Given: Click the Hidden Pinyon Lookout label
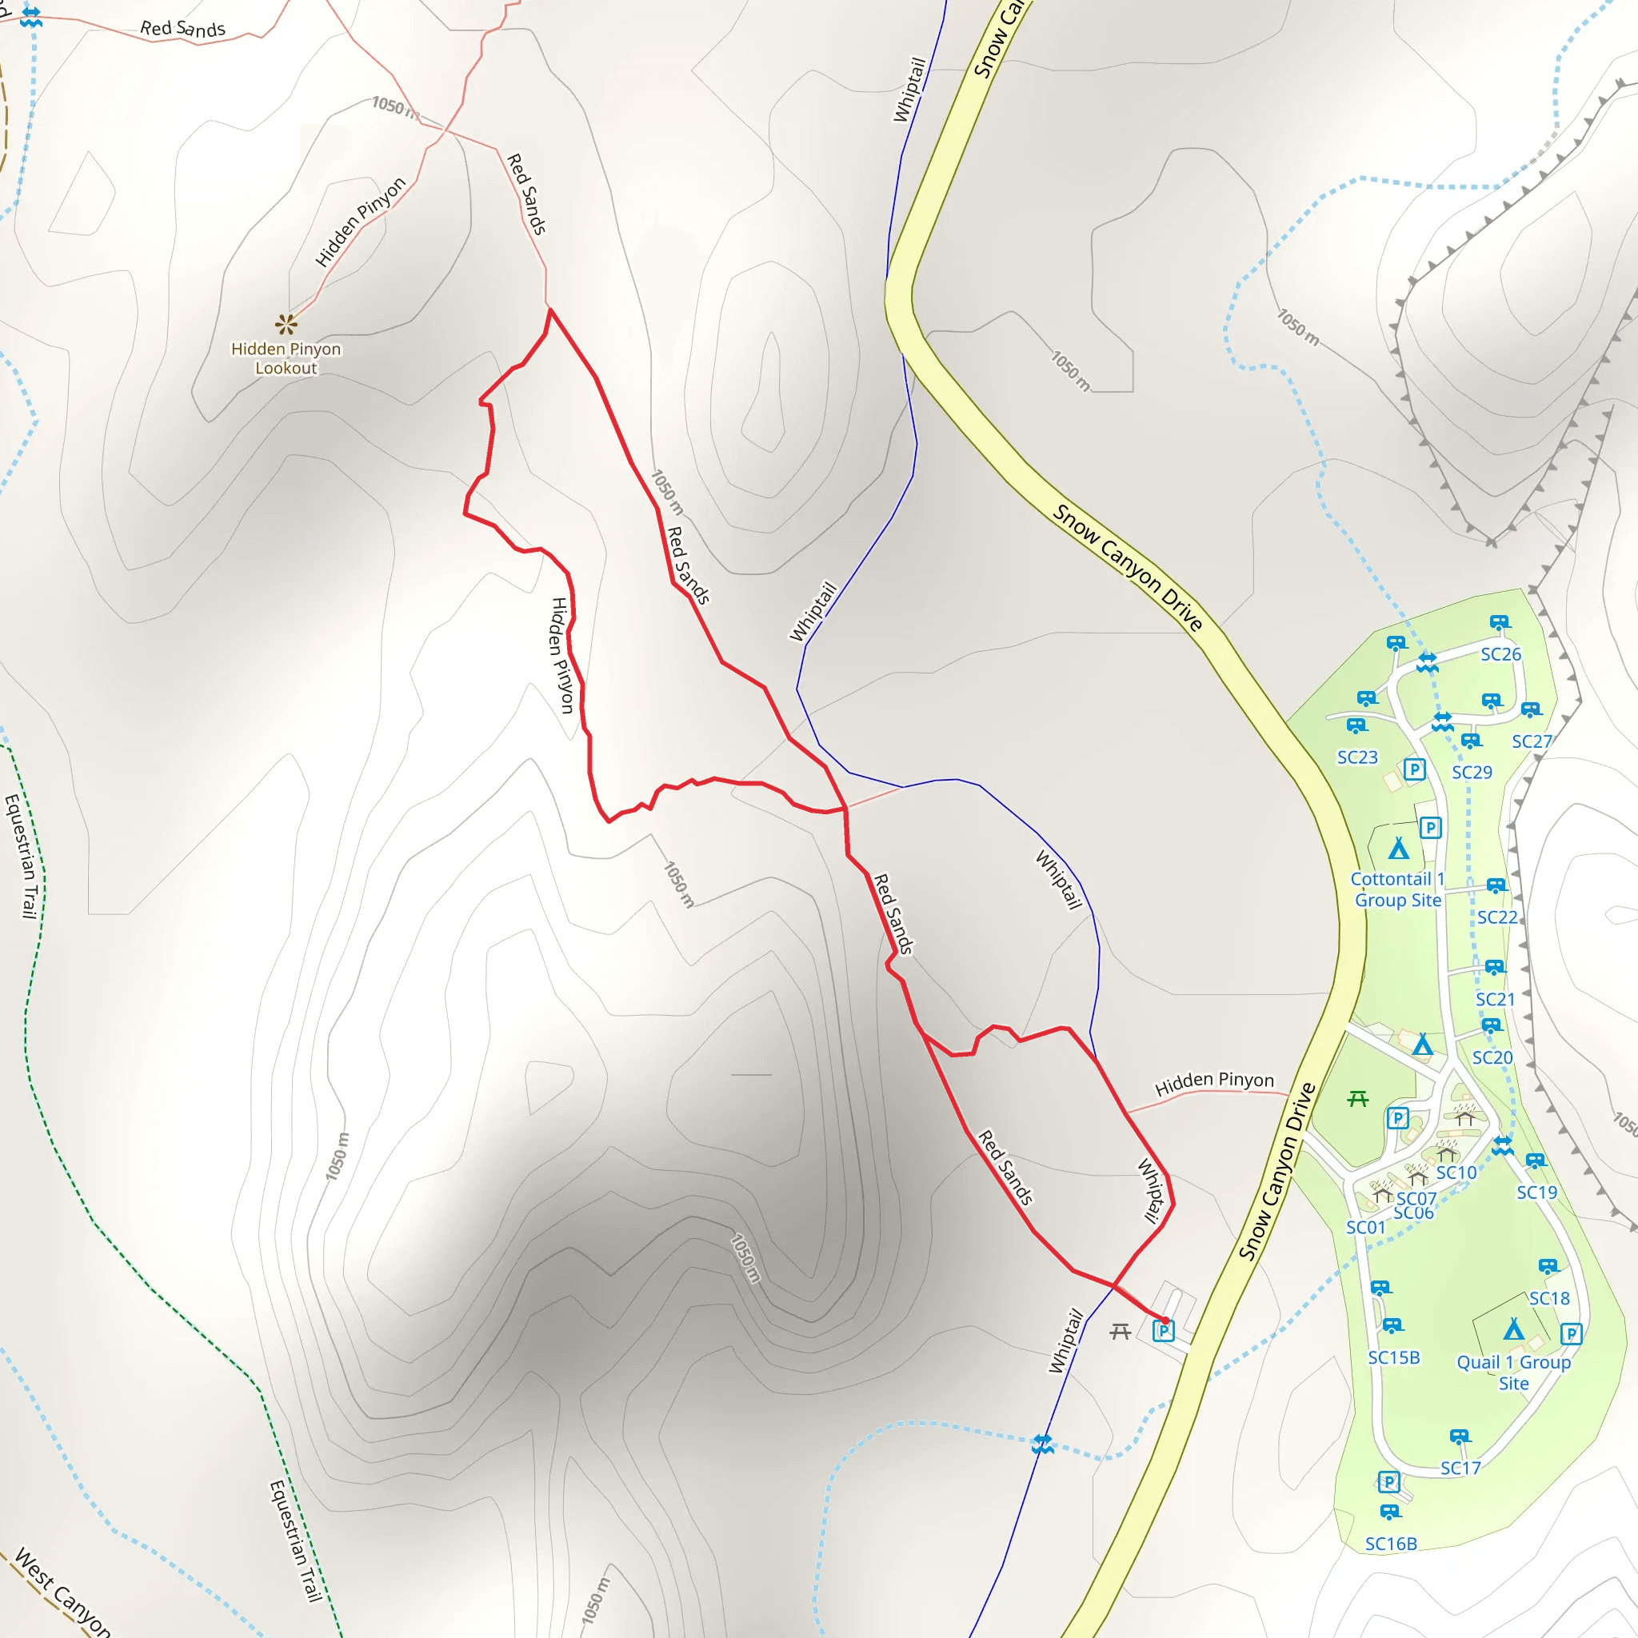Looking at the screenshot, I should point(286,358).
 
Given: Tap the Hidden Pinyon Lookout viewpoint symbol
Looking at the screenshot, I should point(286,324).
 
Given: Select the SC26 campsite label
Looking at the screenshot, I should point(1500,654).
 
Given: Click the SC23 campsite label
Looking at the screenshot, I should point(1357,757).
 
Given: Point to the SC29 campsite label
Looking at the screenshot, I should point(1472,773).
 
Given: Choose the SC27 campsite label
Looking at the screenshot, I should point(1532,742).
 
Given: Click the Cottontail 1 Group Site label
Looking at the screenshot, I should point(1397,889).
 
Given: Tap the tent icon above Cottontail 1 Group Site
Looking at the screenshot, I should point(1399,849).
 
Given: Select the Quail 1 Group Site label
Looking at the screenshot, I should point(1513,1372).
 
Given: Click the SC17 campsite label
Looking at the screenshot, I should point(1460,1468).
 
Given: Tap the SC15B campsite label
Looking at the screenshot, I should point(1394,1357).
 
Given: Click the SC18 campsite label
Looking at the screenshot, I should point(1549,1298).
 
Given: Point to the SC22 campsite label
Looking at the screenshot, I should point(1497,917).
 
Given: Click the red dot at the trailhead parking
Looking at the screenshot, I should point(1165,1320).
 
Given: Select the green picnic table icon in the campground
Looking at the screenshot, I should point(1357,1099).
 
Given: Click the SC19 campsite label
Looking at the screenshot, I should point(1537,1192).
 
